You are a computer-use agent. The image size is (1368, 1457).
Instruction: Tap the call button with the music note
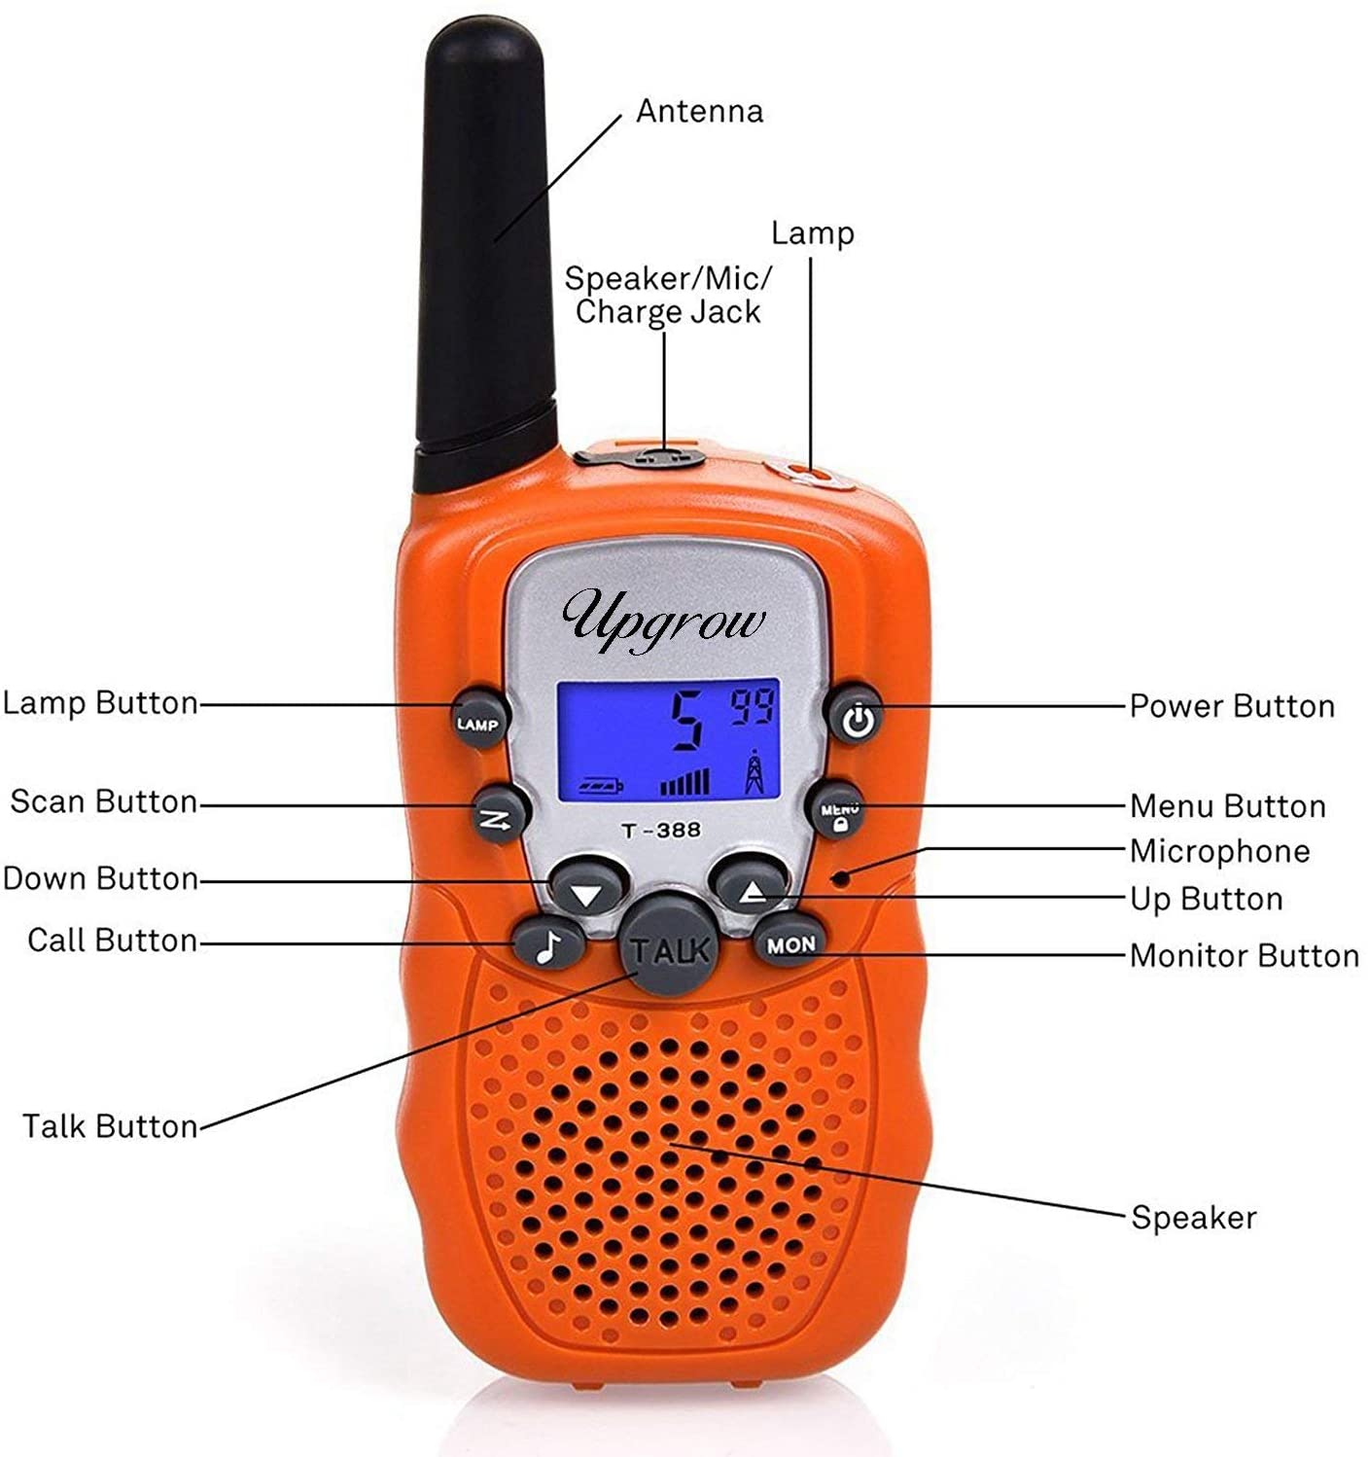[548, 942]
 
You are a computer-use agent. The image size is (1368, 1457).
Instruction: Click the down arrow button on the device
[585, 887]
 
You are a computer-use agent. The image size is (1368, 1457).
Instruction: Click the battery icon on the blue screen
[601, 784]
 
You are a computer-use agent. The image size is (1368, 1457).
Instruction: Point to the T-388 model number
[661, 830]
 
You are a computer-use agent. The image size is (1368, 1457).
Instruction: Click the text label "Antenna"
[699, 111]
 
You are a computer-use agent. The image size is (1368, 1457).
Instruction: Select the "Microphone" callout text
[1219, 851]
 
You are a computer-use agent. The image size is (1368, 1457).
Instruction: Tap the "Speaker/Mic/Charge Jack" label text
[668, 295]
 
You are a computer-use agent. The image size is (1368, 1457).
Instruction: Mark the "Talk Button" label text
[110, 1125]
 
